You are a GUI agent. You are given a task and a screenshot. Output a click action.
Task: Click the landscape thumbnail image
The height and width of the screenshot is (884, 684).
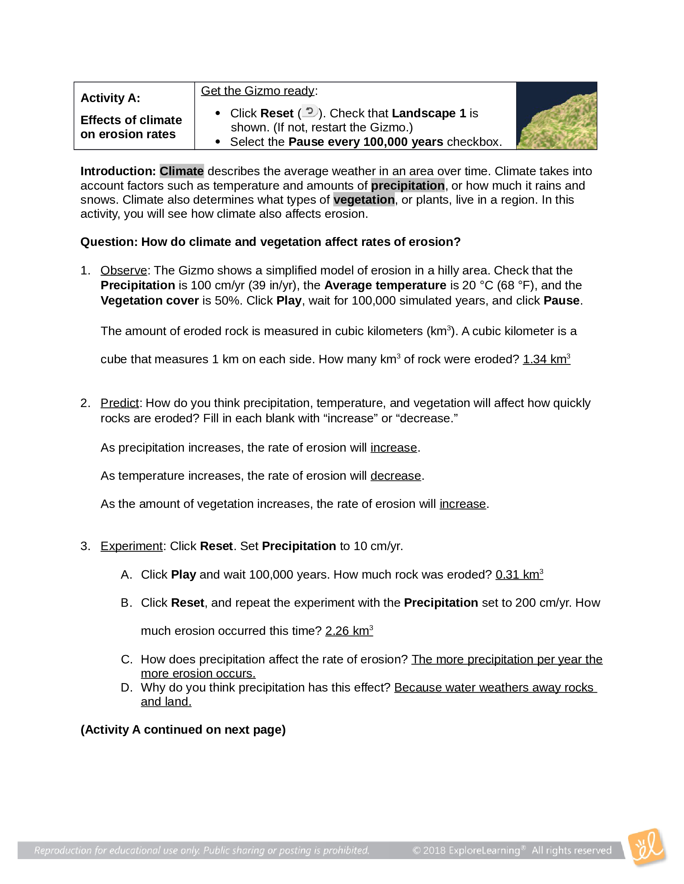tap(556, 116)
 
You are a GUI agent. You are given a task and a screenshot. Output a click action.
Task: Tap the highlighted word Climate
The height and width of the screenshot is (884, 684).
tap(181, 171)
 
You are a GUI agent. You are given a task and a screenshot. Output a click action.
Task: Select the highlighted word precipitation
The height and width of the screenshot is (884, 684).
tap(408, 185)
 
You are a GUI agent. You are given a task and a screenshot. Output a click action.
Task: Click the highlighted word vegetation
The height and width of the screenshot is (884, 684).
tap(364, 200)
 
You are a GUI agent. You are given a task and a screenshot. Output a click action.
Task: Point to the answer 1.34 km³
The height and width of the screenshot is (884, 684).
tap(546, 359)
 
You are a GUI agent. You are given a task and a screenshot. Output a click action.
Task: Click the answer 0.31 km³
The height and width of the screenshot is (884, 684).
tap(519, 574)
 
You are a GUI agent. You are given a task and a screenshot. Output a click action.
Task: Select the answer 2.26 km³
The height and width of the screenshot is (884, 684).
tap(349, 630)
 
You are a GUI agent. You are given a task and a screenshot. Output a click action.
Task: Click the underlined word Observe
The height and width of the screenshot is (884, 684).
tap(124, 270)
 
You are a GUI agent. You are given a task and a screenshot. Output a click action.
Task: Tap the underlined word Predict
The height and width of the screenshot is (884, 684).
tap(119, 403)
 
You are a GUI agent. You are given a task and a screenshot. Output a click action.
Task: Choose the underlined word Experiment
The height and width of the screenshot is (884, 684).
tap(131, 546)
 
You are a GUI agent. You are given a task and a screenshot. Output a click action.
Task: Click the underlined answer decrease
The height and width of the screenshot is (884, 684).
tap(396, 476)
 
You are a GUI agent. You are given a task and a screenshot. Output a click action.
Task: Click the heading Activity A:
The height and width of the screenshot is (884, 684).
tap(110, 98)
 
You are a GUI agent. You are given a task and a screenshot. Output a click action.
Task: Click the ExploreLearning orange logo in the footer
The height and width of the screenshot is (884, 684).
tap(646, 847)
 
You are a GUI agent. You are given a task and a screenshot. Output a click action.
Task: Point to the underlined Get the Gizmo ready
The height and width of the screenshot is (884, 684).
tap(258, 91)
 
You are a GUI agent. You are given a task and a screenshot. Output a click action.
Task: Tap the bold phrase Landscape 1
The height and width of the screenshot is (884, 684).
tap(429, 113)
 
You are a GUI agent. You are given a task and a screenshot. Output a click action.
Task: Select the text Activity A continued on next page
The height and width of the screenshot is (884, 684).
tap(183, 729)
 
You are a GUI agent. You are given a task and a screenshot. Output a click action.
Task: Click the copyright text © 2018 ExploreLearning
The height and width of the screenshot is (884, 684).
tap(466, 850)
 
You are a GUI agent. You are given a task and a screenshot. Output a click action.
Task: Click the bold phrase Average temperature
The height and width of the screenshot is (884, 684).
tap(385, 285)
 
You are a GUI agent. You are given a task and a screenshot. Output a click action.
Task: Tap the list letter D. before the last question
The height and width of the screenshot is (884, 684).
tap(126, 687)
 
